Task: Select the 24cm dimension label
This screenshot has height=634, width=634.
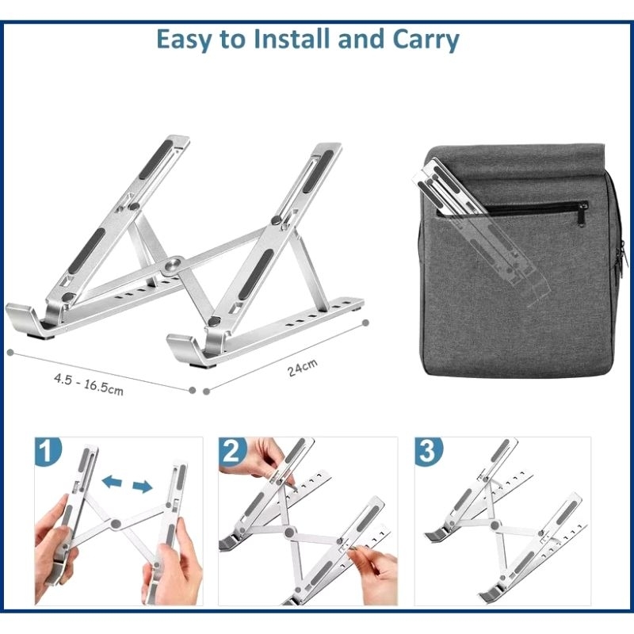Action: click(303, 368)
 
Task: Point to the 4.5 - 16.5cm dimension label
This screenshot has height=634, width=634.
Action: click(89, 384)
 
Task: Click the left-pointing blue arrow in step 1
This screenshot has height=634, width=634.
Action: click(112, 482)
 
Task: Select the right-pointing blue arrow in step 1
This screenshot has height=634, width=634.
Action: click(143, 487)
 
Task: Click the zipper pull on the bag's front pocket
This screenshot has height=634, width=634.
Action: click(582, 215)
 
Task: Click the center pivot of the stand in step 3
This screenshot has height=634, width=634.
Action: click(495, 525)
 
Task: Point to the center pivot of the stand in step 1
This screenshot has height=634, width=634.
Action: click(116, 525)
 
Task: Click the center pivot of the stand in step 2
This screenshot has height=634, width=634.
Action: click(289, 532)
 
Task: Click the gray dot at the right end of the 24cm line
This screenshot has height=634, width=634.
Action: click(365, 323)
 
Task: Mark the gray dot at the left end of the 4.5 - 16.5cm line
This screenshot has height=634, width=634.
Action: click(10, 353)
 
